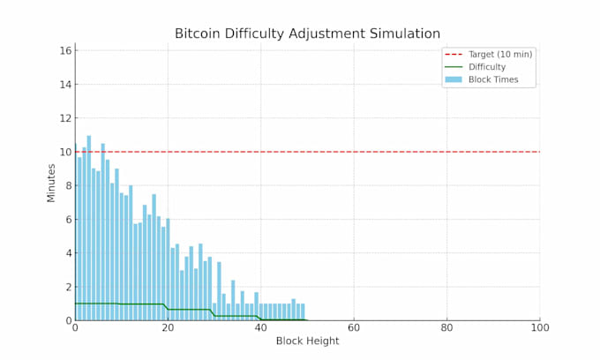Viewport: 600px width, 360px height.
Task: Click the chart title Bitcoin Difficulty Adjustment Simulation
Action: point(307,34)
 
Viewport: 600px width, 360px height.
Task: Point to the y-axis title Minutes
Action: point(51,182)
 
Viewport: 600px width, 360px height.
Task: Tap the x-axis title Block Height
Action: point(307,341)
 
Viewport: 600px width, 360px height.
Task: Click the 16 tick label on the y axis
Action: point(64,50)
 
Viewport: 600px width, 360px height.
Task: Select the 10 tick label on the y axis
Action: point(64,152)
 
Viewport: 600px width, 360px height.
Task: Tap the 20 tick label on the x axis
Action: point(168,328)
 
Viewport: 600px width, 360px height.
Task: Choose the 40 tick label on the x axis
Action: point(261,328)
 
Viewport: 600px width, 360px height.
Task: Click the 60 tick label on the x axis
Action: point(354,328)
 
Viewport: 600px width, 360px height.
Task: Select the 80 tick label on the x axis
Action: point(447,328)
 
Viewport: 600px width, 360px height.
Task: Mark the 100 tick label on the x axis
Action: point(540,328)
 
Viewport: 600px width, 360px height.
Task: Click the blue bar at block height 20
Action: point(168,269)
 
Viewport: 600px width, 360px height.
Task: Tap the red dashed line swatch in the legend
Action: point(454,54)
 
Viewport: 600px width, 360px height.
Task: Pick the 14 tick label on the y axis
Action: point(64,85)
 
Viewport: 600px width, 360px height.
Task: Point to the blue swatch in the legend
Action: point(454,79)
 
